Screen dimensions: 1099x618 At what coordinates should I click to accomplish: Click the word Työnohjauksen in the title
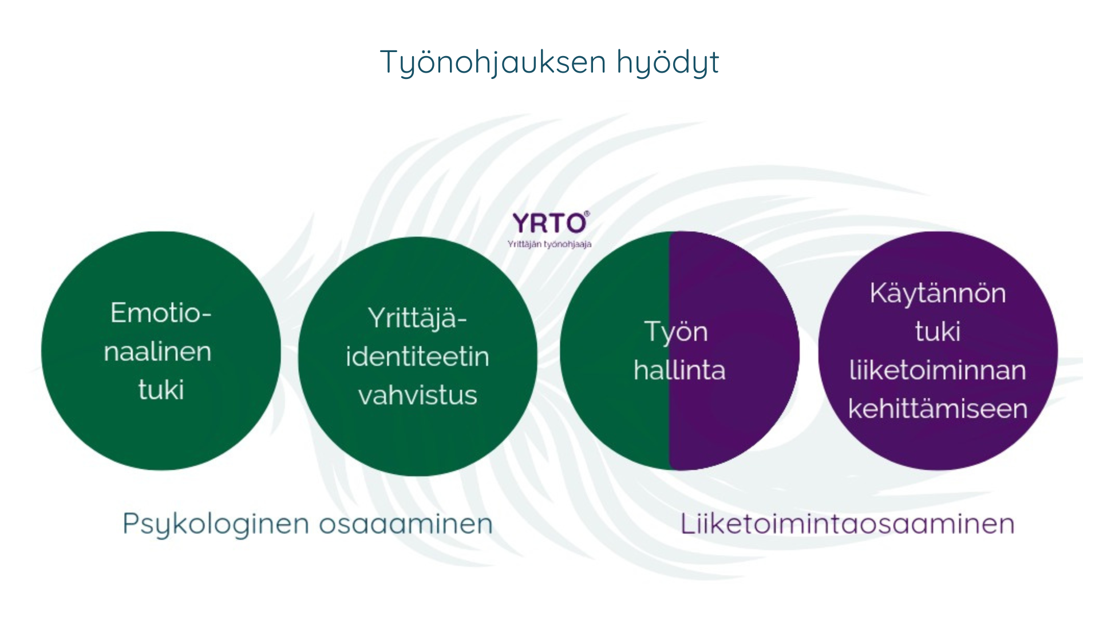click(x=493, y=62)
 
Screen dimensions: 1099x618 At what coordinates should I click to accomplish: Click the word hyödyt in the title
click(x=667, y=62)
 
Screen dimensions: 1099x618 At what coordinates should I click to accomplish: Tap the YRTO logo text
click(x=549, y=223)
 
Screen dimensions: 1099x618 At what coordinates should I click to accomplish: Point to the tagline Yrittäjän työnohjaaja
click(x=549, y=244)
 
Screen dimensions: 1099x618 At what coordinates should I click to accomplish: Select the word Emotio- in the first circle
click(x=161, y=313)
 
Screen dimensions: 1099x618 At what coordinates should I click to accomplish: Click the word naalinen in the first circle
click(x=158, y=351)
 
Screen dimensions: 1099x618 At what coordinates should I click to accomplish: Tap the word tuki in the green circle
click(x=161, y=390)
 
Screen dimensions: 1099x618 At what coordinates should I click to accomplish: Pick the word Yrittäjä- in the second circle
click(x=417, y=319)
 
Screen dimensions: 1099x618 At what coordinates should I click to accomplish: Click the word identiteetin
click(x=417, y=356)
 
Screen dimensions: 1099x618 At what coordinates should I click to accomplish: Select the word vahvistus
click(x=418, y=395)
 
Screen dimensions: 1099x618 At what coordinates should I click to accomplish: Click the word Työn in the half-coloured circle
click(x=676, y=332)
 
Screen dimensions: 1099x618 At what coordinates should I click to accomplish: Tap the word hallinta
click(x=679, y=370)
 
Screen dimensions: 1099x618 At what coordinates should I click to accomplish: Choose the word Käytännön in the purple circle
click(x=938, y=293)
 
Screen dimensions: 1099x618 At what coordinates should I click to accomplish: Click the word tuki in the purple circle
click(x=938, y=331)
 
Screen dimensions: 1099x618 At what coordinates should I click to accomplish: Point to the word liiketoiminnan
click(x=938, y=370)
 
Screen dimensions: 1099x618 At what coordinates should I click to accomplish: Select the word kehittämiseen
click(x=938, y=409)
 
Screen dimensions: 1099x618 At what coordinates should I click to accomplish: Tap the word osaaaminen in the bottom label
click(x=405, y=524)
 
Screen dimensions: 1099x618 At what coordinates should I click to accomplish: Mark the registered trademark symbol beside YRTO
click(x=587, y=214)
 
